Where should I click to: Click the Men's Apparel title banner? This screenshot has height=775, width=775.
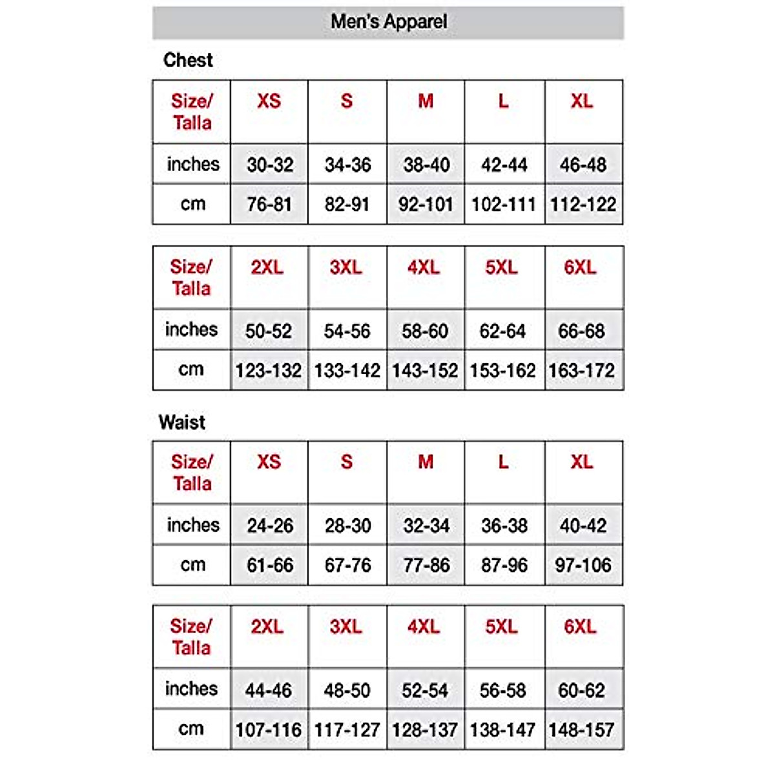[x=388, y=22]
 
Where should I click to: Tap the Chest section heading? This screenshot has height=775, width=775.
[x=187, y=60]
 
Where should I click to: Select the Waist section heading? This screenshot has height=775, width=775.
[x=181, y=422]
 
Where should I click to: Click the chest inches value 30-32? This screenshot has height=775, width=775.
[x=270, y=165]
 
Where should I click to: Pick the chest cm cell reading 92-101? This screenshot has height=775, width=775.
[x=426, y=205]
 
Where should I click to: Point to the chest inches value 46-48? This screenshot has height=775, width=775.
[x=583, y=165]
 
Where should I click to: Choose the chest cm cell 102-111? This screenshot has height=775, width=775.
[x=504, y=205]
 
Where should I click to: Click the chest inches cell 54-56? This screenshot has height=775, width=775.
[x=347, y=331]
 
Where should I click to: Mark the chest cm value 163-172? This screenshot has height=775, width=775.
[x=581, y=371]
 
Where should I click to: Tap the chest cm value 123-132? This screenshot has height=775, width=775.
[x=268, y=371]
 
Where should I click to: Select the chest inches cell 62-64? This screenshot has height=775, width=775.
[x=502, y=331]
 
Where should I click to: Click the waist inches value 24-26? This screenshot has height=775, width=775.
[x=270, y=526]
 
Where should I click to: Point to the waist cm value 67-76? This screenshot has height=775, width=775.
[x=347, y=565]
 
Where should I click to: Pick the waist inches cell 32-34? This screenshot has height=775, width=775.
[x=426, y=526]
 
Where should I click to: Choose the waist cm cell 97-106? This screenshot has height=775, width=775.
[x=583, y=565]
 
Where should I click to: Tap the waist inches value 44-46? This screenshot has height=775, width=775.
[x=268, y=690]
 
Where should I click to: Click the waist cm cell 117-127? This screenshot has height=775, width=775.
[x=347, y=730]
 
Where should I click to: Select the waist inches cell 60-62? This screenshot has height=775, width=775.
[x=581, y=690]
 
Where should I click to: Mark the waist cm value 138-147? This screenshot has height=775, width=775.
[x=502, y=730]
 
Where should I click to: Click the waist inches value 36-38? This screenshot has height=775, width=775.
[x=504, y=526]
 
